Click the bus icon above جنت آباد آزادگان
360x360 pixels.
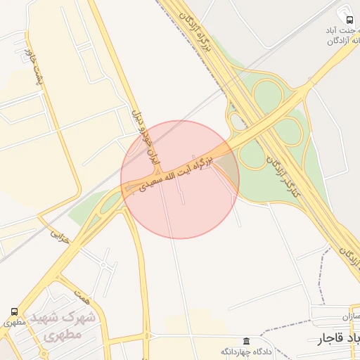click(348, 20)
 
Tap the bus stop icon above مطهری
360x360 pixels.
click(15, 311)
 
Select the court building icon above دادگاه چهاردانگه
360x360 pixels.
click(245, 341)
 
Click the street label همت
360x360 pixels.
click(84, 298)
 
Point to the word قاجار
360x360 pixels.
click(321, 340)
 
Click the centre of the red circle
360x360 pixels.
click(180, 179)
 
